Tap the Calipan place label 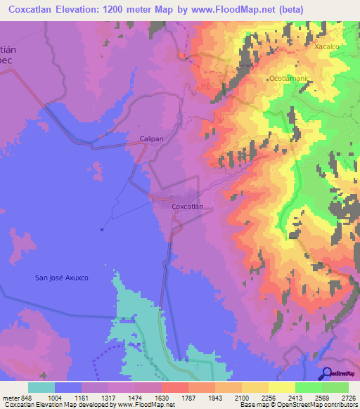click(152, 139)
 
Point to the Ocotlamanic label click(290, 79)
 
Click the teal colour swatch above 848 click(41, 387)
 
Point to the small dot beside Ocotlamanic click(267, 79)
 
